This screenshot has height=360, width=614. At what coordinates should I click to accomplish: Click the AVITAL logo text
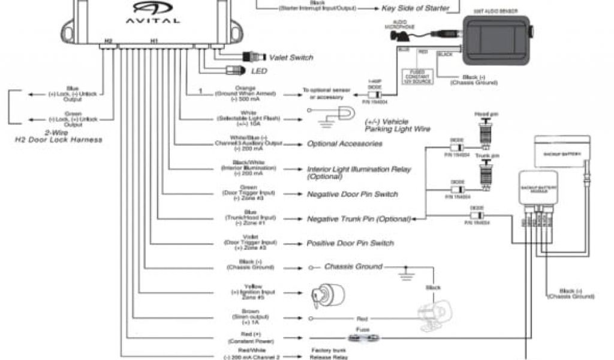tap(152, 19)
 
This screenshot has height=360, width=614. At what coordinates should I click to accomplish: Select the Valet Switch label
tap(291, 58)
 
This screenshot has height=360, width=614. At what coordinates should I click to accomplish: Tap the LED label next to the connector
tap(259, 71)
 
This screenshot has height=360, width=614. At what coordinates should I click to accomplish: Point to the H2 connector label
tap(108, 41)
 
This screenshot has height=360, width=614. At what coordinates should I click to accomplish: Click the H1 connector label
tap(153, 41)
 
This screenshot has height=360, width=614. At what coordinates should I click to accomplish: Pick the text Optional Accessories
tap(344, 144)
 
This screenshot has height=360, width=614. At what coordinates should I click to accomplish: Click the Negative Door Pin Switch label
tap(352, 194)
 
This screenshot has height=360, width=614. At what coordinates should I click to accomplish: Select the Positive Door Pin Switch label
tap(350, 243)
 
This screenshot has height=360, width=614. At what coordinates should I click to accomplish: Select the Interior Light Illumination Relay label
tap(359, 173)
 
